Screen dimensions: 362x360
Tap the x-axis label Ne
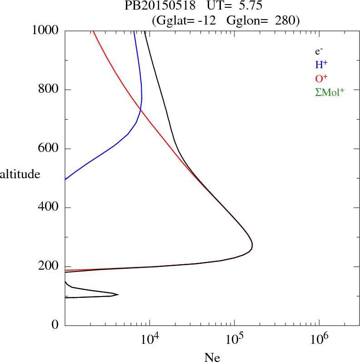click(212, 357)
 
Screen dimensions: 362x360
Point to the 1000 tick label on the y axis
click(45, 31)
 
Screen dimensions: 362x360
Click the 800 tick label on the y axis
click(49, 90)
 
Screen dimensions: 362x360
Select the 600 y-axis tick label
click(49, 149)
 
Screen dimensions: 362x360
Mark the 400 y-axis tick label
click(49, 208)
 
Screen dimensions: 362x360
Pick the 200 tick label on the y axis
click(49, 267)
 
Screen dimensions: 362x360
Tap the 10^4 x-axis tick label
click(150, 339)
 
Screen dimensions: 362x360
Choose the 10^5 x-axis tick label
click(234, 339)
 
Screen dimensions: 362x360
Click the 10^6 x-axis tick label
click(319, 339)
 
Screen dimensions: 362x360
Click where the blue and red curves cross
click(140, 110)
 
